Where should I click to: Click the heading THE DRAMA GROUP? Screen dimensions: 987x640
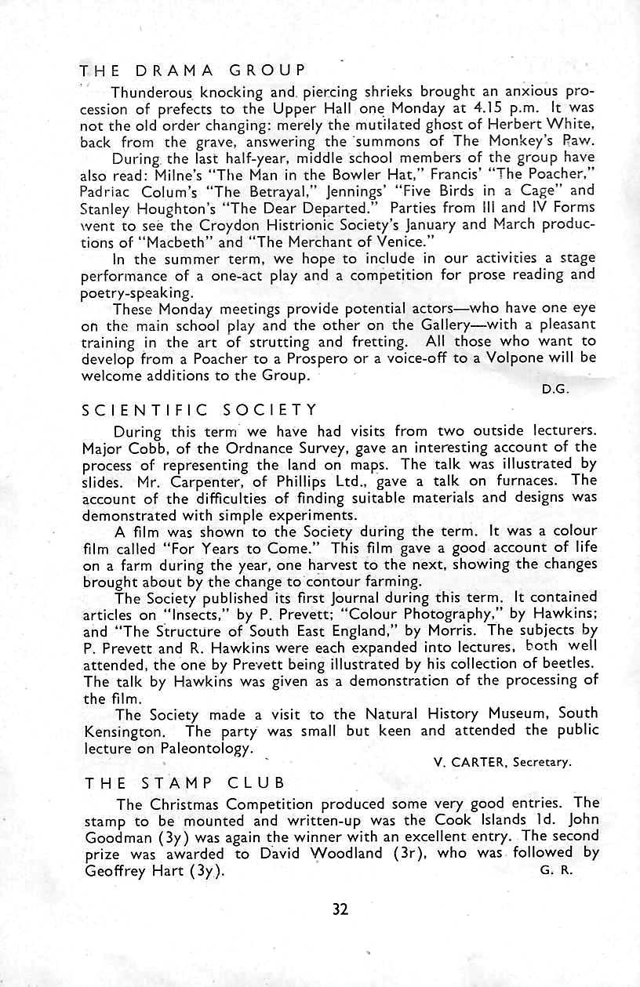pos(191,70)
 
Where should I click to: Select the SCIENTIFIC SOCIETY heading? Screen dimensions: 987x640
pos(201,409)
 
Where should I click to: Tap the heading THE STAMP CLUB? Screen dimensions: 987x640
pos(185,782)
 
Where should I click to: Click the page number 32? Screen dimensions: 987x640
pos(340,909)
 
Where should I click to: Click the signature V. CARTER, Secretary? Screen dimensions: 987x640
pos(503,762)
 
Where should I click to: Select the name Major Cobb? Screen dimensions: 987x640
pos(117,448)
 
